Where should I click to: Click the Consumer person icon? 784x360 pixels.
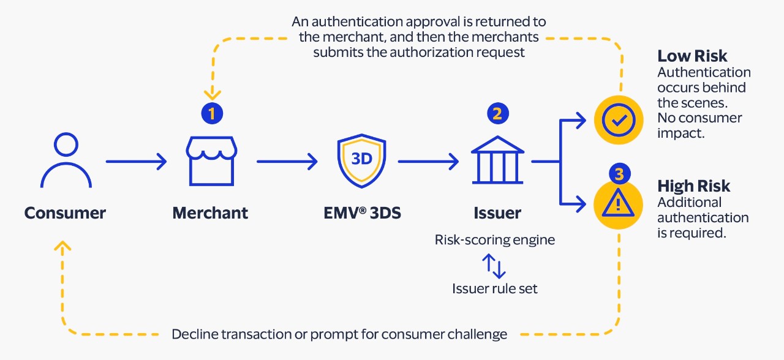coord(66,161)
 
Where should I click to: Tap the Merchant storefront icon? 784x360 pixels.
coord(210,161)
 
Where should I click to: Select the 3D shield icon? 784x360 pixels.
coord(361,161)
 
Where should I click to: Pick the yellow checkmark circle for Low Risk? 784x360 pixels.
coord(618,120)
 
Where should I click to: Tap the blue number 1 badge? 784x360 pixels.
coord(212,113)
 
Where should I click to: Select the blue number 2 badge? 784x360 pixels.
coord(497,113)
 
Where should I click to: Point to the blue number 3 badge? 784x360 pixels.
coord(619,174)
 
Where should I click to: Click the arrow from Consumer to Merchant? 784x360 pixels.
coord(136,162)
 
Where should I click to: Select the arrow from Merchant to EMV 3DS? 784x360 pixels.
coord(287,162)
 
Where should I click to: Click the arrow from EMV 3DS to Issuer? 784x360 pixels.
coord(428,162)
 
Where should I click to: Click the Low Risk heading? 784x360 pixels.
coord(692,56)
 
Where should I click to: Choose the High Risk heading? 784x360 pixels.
coord(694,186)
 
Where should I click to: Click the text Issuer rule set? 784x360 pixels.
coord(495,288)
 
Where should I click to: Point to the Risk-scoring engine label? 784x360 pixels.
coord(495,240)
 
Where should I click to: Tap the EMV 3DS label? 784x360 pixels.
coord(361,213)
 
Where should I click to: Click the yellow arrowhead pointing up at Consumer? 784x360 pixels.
coord(62,246)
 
